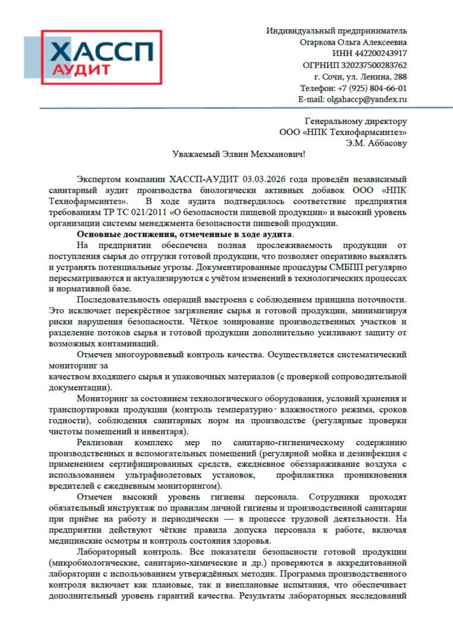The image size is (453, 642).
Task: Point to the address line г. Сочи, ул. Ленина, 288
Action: tap(361, 77)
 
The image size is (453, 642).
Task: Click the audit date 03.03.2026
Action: tap(264, 178)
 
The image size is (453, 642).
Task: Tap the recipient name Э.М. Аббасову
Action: tap(377, 143)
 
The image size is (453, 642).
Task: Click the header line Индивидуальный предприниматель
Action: tap(336, 30)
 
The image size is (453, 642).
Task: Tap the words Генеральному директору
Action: tap(356, 120)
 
